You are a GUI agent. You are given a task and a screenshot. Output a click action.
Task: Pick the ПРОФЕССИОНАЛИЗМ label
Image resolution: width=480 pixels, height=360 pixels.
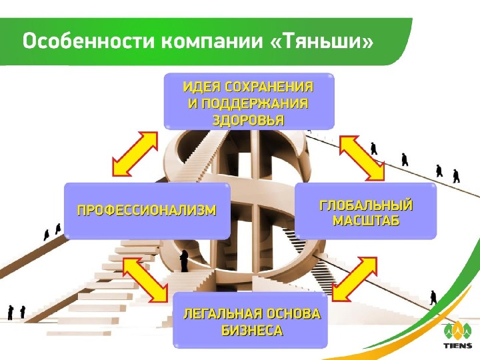click(147, 211)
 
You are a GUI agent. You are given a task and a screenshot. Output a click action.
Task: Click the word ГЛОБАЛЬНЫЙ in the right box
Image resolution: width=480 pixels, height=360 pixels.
click(366, 205)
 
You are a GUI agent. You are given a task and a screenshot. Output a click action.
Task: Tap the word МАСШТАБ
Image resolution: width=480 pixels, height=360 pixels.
click(366, 221)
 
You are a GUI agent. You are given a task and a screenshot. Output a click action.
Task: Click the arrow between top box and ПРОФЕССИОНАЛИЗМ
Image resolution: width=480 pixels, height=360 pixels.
click(135, 153)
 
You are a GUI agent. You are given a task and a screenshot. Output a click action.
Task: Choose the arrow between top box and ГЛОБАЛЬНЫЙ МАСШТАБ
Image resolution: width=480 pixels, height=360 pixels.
click(361, 157)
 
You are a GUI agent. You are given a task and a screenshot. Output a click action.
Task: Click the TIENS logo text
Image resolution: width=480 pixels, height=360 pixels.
click(458, 346)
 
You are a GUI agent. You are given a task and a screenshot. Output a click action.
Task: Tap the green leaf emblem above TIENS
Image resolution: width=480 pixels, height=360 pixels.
click(458, 331)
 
